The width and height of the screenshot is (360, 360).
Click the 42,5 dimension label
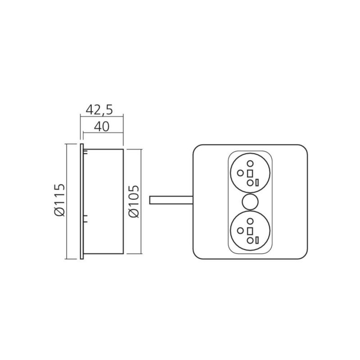[x=99, y=110]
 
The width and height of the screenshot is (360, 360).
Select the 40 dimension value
[x=102, y=126]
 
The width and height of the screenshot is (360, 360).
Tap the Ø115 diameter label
[x=60, y=200]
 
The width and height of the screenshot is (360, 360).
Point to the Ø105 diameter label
[x=134, y=201]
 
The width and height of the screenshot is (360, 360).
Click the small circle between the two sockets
[x=250, y=202]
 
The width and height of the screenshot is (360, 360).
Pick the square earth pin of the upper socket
[x=250, y=173]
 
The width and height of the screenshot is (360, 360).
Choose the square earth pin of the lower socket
[x=250, y=231]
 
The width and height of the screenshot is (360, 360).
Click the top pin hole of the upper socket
[x=250, y=163]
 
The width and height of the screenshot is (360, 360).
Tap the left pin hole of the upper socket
[x=240, y=173]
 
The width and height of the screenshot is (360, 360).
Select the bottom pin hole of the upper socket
[x=250, y=183]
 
